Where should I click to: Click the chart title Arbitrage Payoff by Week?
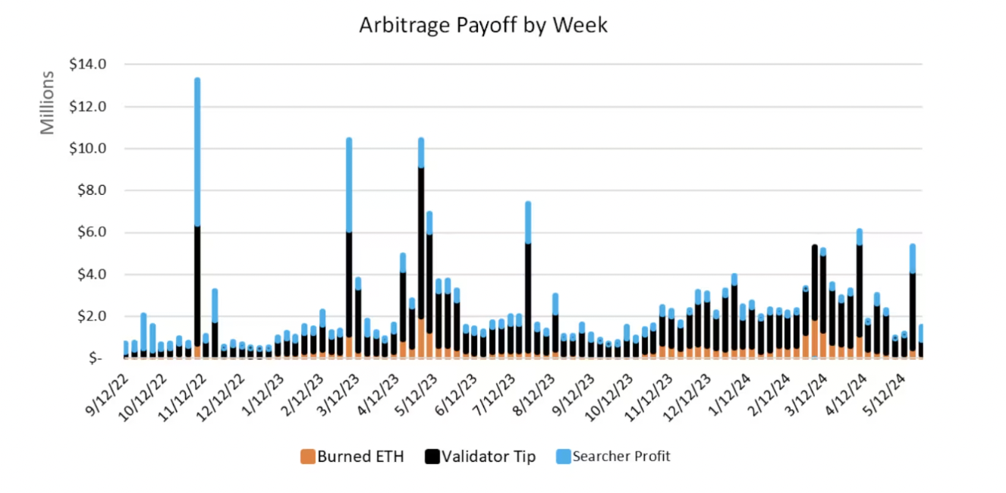pyautogui.click(x=483, y=25)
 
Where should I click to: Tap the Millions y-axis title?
pyautogui.click(x=48, y=103)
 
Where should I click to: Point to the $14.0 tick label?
pyautogui.click(x=88, y=65)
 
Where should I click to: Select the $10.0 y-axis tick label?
pyautogui.click(x=88, y=149)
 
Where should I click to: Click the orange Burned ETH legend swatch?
pyautogui.click(x=307, y=457)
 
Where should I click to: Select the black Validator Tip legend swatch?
pyautogui.click(x=432, y=457)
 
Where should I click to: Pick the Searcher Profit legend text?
pyautogui.click(x=621, y=457)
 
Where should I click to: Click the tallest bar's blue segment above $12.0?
pyautogui.click(x=197, y=152)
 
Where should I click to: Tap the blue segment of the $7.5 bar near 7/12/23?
pyautogui.click(x=528, y=222)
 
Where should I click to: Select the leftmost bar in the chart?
pyautogui.click(x=125, y=350)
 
